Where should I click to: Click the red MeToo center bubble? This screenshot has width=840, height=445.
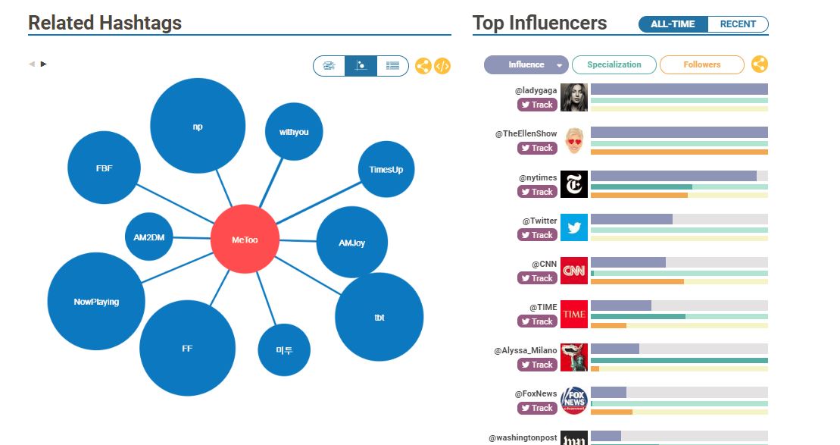click(245, 240)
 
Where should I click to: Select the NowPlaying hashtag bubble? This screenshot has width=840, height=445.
click(96, 302)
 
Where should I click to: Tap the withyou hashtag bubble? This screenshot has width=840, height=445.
click(294, 132)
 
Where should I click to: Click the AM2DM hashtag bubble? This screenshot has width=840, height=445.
click(148, 237)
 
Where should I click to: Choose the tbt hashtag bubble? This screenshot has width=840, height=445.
click(379, 317)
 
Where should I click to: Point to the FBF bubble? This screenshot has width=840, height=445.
click(104, 168)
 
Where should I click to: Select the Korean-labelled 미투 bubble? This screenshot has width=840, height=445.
click(284, 349)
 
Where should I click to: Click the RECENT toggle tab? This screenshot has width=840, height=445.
click(738, 24)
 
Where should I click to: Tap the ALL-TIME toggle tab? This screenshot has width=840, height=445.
click(673, 24)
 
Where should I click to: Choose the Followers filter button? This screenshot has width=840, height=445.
click(701, 64)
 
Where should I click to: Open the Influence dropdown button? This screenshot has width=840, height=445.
click(526, 64)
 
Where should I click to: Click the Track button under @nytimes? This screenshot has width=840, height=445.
click(537, 192)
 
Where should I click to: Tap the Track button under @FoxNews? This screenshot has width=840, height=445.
click(537, 408)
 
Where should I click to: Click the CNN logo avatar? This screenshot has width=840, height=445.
click(574, 271)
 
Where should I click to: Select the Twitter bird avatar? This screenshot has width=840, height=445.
click(574, 227)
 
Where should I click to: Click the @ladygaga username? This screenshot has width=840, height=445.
click(536, 90)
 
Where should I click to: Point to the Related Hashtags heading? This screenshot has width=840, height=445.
click(105, 23)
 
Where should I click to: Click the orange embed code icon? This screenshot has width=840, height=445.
click(442, 66)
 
